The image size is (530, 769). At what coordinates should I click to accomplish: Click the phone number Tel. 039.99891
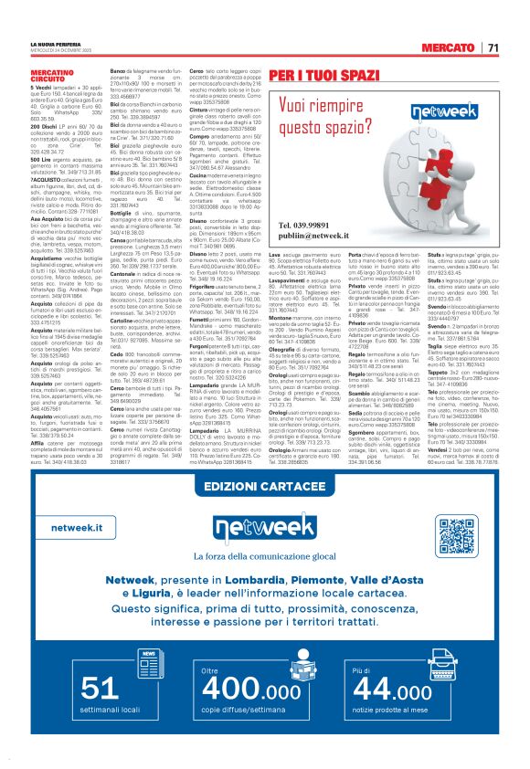click(x=304, y=224)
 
